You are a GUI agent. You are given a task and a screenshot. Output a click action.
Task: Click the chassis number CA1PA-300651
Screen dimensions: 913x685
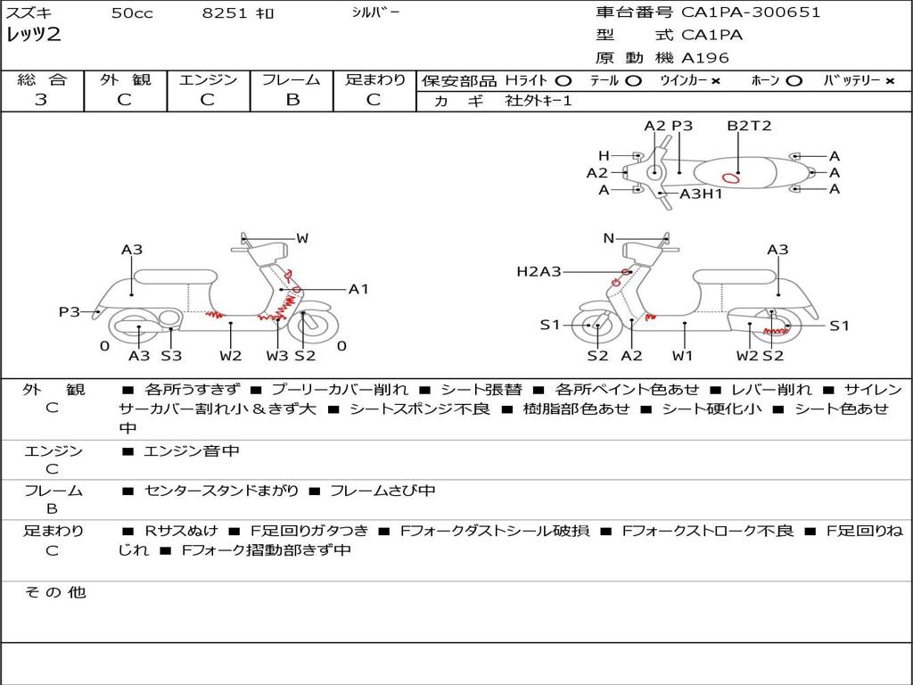(x=751, y=12)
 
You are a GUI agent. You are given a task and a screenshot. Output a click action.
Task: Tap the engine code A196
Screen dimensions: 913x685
(x=704, y=58)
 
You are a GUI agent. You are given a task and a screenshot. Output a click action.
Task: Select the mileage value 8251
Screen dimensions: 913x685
(x=224, y=12)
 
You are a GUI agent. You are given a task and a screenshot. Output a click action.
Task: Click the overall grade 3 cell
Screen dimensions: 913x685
(x=41, y=100)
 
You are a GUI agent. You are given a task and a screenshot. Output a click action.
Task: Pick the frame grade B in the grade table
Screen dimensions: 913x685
(x=292, y=100)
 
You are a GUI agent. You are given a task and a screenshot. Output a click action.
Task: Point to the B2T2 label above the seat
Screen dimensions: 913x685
(x=749, y=126)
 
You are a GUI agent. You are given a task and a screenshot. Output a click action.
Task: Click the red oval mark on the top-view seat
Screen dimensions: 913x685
(x=731, y=177)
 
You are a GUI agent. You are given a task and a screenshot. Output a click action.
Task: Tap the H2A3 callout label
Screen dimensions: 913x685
(x=539, y=271)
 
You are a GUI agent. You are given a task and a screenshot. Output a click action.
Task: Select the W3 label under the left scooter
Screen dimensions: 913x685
(x=277, y=355)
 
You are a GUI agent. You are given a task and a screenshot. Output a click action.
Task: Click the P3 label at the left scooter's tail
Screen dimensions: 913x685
(x=69, y=312)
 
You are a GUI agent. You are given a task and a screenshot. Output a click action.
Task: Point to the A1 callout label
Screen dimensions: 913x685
(x=358, y=289)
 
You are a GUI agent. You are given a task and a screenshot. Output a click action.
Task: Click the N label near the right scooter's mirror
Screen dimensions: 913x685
(x=608, y=238)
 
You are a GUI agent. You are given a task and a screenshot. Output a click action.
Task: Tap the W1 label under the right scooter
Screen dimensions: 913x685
(x=682, y=355)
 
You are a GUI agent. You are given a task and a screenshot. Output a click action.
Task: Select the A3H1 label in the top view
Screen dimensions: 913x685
(x=701, y=194)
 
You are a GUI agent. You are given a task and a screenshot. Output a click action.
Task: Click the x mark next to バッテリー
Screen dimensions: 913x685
(x=890, y=81)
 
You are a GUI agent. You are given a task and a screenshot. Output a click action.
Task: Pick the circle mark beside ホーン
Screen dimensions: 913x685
(x=794, y=81)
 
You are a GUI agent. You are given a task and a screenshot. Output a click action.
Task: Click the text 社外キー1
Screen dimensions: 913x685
(x=539, y=101)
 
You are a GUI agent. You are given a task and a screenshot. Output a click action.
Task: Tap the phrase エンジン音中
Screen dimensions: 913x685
(x=192, y=450)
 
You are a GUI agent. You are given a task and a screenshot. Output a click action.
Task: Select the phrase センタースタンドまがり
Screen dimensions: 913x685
(x=222, y=491)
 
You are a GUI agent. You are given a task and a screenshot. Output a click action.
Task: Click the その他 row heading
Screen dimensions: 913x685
(x=55, y=592)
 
